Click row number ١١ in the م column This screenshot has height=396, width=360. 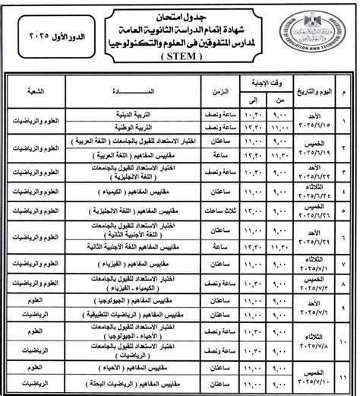348,377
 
